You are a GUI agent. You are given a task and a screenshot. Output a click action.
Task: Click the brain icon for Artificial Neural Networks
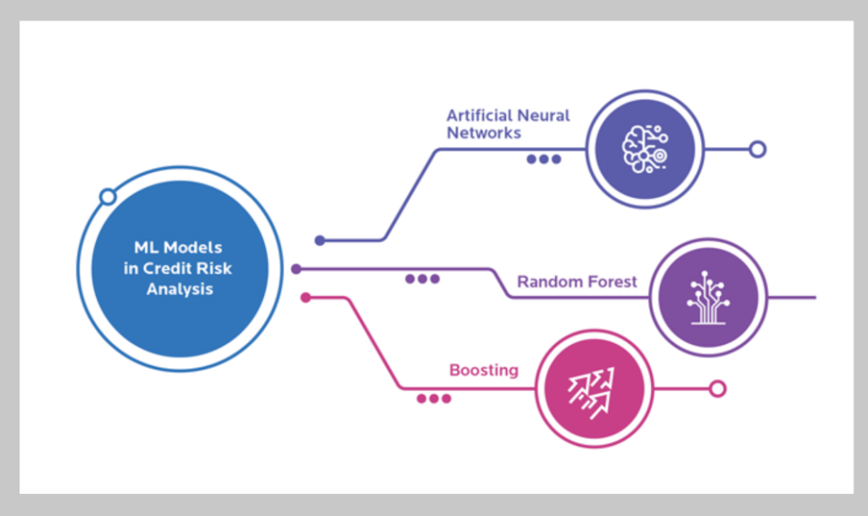tap(644, 149)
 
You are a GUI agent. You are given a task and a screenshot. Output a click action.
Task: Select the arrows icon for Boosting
tap(594, 389)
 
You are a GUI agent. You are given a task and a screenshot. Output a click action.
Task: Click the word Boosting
tap(483, 370)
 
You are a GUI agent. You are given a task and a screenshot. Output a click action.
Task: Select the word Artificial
tap(480, 115)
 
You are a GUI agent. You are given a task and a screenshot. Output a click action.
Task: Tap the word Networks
tap(483, 133)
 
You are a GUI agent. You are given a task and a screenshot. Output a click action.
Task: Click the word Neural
tap(544, 115)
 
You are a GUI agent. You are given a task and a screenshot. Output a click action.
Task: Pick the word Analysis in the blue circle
tap(179, 289)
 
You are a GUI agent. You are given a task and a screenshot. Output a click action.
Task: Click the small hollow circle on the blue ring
tap(108, 197)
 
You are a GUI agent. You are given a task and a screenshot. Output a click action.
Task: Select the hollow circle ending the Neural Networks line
tap(758, 149)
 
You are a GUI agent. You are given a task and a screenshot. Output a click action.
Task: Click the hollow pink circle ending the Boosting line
tap(717, 389)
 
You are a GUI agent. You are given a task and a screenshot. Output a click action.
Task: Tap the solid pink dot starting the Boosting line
tap(306, 297)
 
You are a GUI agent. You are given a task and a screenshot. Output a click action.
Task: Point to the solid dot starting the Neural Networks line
tap(320, 241)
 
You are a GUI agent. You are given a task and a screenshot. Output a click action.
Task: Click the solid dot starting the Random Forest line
tap(296, 269)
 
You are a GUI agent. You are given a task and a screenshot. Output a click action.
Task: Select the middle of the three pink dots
tap(434, 398)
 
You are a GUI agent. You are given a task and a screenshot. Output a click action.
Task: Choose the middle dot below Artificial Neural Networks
tap(544, 158)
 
